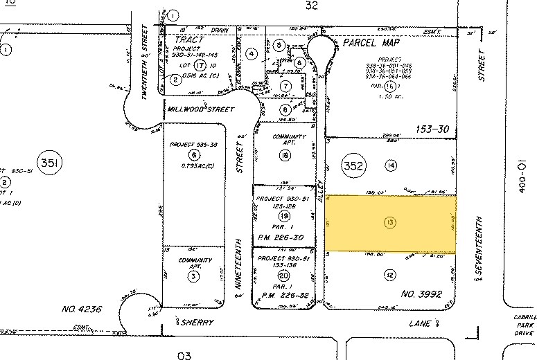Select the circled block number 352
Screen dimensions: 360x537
(354, 165)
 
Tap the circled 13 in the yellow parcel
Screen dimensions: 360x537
(391, 222)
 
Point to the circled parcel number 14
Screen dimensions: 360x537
(391, 165)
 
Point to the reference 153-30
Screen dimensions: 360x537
(434, 128)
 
